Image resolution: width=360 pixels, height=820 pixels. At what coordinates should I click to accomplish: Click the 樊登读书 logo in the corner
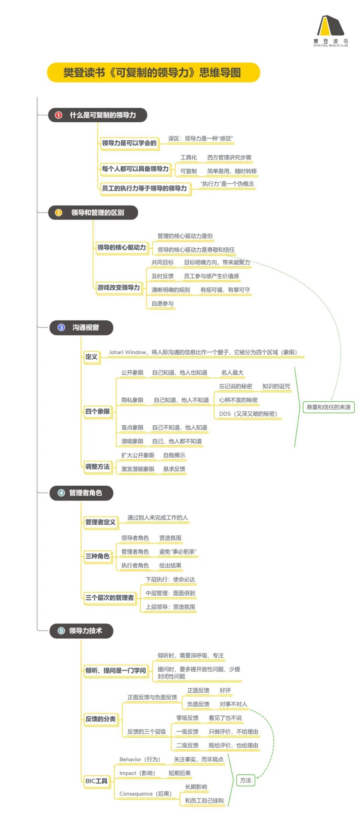pos(330,30)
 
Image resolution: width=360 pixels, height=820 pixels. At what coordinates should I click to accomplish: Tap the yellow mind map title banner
pos(153,73)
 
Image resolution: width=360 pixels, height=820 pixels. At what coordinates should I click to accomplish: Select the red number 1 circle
pos(59,115)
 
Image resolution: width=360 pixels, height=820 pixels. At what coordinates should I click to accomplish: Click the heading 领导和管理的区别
pos(97,213)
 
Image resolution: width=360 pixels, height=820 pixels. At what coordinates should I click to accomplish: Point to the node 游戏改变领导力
pos(118,287)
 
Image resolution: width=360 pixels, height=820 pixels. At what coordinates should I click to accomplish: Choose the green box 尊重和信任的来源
pos(328,407)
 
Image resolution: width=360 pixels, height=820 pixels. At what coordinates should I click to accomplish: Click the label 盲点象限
pos(132,427)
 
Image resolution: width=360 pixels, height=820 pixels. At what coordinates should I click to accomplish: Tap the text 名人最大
pos(232,373)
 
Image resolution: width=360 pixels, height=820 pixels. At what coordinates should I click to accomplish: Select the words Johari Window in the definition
pos(127,352)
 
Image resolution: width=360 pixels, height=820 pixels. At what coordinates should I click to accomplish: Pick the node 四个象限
pos(97,411)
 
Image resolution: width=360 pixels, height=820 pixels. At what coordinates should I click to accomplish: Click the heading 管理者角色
pos(86,493)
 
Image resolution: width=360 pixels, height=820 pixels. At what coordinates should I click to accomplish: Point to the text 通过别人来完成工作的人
pos(157,517)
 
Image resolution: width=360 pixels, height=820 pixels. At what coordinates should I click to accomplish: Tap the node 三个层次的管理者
pos(110,598)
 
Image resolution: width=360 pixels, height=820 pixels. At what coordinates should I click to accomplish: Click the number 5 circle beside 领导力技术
pos(61,630)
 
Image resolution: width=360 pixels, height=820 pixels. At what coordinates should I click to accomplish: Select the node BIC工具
pos(97,781)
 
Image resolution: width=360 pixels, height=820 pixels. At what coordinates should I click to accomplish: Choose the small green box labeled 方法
pos(246,780)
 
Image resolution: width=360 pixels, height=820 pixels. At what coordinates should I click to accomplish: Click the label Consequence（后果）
pos(145,793)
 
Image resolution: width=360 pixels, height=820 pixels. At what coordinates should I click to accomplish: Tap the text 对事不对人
pos(233,704)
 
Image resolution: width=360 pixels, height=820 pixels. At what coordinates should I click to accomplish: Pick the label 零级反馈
pos(187,718)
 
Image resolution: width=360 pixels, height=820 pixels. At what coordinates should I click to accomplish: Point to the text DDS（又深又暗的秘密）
pos(248,413)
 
